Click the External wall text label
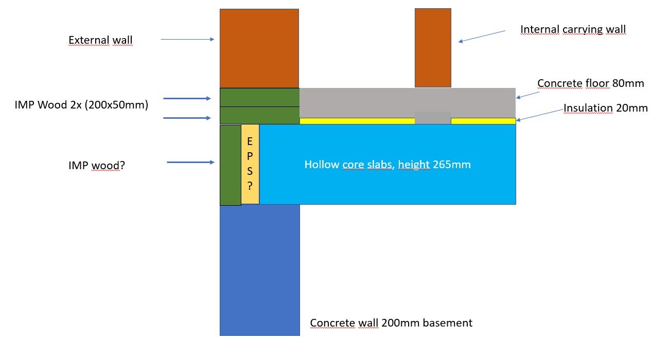click(100, 40)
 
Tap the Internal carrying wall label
click(573, 29)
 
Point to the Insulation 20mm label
click(605, 108)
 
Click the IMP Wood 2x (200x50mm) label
click(81, 105)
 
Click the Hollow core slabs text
click(387, 165)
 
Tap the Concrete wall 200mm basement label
click(391, 323)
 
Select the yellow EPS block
click(250, 164)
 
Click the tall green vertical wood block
click(230, 165)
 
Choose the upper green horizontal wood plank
click(259, 97)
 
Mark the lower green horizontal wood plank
click(259, 115)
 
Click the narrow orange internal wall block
click(433, 47)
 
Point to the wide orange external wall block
click(259, 48)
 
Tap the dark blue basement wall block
click(259, 269)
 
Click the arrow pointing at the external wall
click(187, 39)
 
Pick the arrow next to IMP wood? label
click(190, 163)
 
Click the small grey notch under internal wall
click(433, 118)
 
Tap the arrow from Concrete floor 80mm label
click(528, 94)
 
